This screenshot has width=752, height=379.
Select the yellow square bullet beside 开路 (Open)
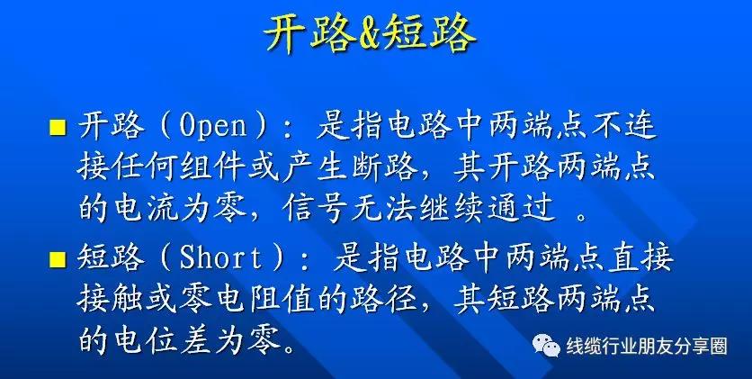pyautogui.click(x=58, y=128)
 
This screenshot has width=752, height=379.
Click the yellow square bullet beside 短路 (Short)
pyautogui.click(x=58, y=259)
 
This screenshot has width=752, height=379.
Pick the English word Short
pyautogui.click(x=221, y=259)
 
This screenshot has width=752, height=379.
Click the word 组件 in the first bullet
pyautogui.click(x=212, y=169)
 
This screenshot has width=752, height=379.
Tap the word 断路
pyautogui.click(x=384, y=169)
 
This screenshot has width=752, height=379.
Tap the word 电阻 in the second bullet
pyautogui.click(x=246, y=301)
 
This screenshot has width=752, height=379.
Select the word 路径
pyautogui.click(x=384, y=301)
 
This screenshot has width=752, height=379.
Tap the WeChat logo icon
pyautogui.click(x=546, y=346)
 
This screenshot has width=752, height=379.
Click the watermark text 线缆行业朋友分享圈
pyautogui.click(x=647, y=346)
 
